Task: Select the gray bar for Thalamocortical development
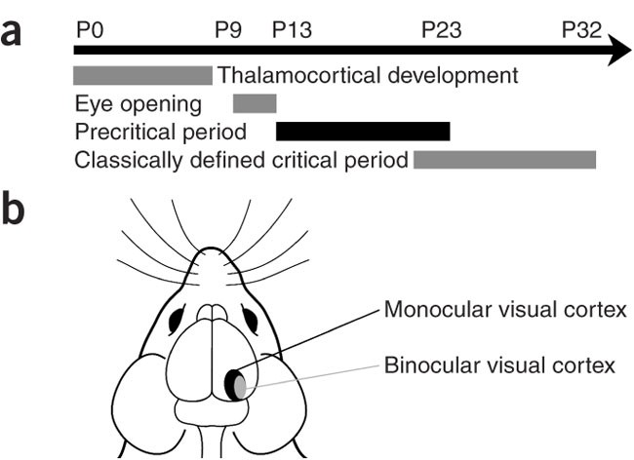(x=142, y=75)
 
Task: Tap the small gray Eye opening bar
(x=255, y=102)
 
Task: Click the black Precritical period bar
(x=363, y=131)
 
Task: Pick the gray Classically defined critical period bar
(x=504, y=159)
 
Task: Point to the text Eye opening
(x=138, y=102)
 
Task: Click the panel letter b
(x=15, y=212)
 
